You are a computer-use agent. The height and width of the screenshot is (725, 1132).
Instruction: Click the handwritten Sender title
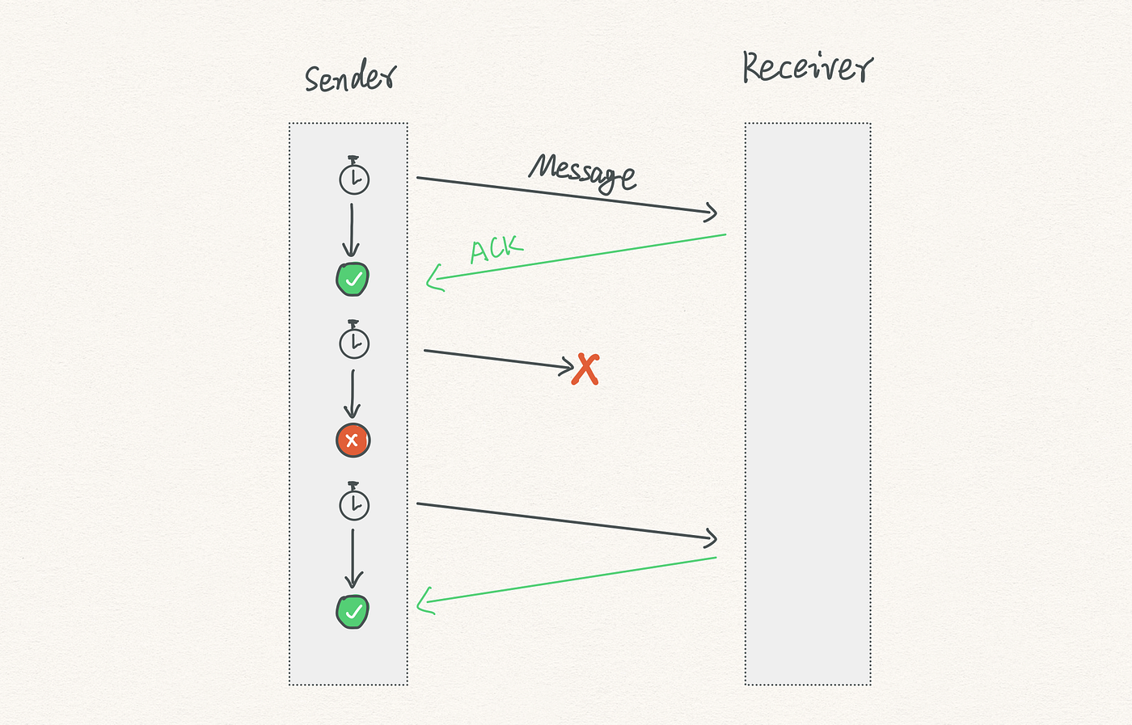[x=351, y=78]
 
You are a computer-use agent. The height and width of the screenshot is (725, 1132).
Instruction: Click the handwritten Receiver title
[x=808, y=67]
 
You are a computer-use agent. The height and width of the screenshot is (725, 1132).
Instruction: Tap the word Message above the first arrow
[x=582, y=172]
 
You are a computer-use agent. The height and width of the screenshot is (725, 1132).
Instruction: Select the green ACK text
[x=496, y=249]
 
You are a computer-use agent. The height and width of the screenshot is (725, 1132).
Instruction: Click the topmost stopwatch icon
[x=354, y=175]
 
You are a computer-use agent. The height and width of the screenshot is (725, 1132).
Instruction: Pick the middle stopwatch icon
[x=354, y=339]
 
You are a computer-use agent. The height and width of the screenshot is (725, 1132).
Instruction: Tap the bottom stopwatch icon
[x=354, y=501]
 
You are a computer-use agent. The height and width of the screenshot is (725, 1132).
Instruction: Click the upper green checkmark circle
[x=353, y=279]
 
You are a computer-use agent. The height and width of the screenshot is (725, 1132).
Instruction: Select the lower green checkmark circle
[x=353, y=612]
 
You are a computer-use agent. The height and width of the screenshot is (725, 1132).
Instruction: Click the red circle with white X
[x=353, y=440]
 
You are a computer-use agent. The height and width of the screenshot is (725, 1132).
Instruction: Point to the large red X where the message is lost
[x=585, y=369]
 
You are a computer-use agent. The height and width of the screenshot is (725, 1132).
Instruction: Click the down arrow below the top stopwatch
[x=351, y=230]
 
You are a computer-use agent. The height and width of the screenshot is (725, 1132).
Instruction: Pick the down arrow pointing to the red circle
[x=353, y=394]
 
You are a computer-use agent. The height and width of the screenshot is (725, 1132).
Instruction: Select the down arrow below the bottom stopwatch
[x=353, y=559]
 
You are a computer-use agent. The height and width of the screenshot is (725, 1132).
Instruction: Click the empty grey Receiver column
[x=808, y=404]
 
